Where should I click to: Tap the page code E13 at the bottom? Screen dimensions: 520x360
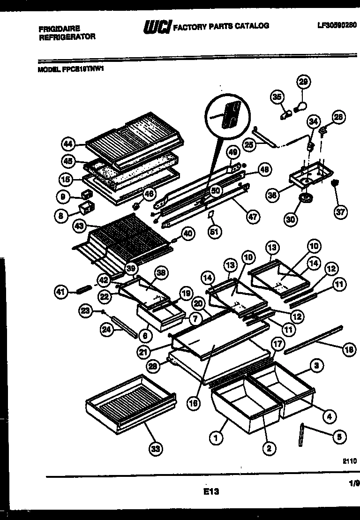tap(211, 492)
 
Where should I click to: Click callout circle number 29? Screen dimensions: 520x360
tap(304, 83)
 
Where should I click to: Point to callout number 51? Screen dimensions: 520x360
tap(215, 232)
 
